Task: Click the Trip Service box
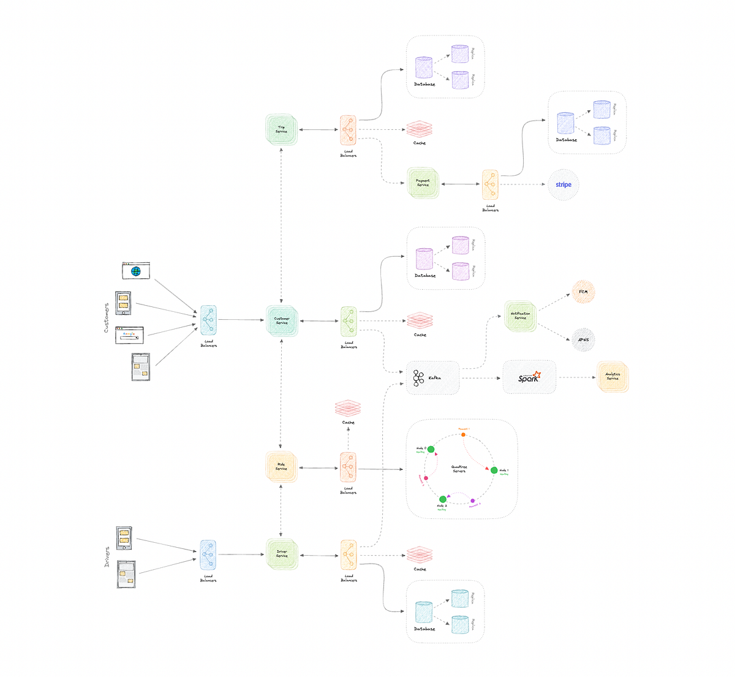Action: point(281,130)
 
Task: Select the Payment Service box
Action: point(423,183)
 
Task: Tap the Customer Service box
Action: point(281,320)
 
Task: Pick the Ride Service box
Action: point(281,467)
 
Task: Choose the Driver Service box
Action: point(282,554)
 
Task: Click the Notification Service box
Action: point(520,316)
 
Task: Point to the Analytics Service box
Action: point(612,376)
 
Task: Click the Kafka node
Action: point(432,377)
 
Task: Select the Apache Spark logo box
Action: point(529,377)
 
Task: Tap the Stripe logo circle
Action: point(563,184)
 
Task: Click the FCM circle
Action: point(583,292)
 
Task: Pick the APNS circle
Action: point(583,339)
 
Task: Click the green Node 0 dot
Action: point(431,449)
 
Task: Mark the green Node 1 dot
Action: point(494,470)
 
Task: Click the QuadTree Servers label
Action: point(459,469)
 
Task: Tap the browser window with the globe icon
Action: point(136,271)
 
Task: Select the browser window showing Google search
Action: point(129,335)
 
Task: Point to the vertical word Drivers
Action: point(107,556)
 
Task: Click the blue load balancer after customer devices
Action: point(208,320)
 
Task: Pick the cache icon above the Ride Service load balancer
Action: point(348,408)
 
